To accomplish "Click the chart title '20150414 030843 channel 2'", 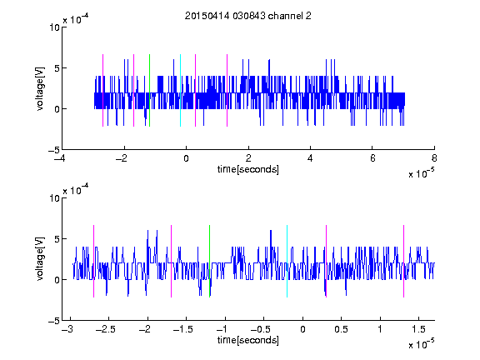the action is coord(248,16).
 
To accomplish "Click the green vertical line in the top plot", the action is coord(149,90).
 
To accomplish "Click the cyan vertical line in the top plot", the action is coord(180,90).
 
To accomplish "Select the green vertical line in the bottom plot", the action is coord(210,261).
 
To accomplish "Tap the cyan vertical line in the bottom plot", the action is coord(287,261).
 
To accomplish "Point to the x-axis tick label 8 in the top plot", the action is coord(434,158).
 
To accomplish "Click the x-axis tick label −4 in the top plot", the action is coord(59,158).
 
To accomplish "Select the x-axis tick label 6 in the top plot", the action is coord(372,158).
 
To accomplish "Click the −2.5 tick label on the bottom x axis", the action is coord(105,329).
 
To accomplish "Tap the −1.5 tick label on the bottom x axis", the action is coord(182,329).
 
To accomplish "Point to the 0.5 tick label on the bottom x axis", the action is coord(341,329).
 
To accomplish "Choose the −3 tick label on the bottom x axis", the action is coord(67,329).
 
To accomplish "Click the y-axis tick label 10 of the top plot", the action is coord(54,27).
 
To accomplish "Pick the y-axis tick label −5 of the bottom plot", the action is coord(54,321).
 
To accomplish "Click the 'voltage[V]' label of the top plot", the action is coord(40,88).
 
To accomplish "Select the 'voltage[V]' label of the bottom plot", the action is coord(40,259).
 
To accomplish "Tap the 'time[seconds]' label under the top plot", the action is coord(248,169).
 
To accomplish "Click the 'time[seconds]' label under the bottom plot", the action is coord(248,340).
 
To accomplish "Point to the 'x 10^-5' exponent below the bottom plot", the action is coord(422,343).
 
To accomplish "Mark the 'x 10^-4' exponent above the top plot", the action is coord(76,19).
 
